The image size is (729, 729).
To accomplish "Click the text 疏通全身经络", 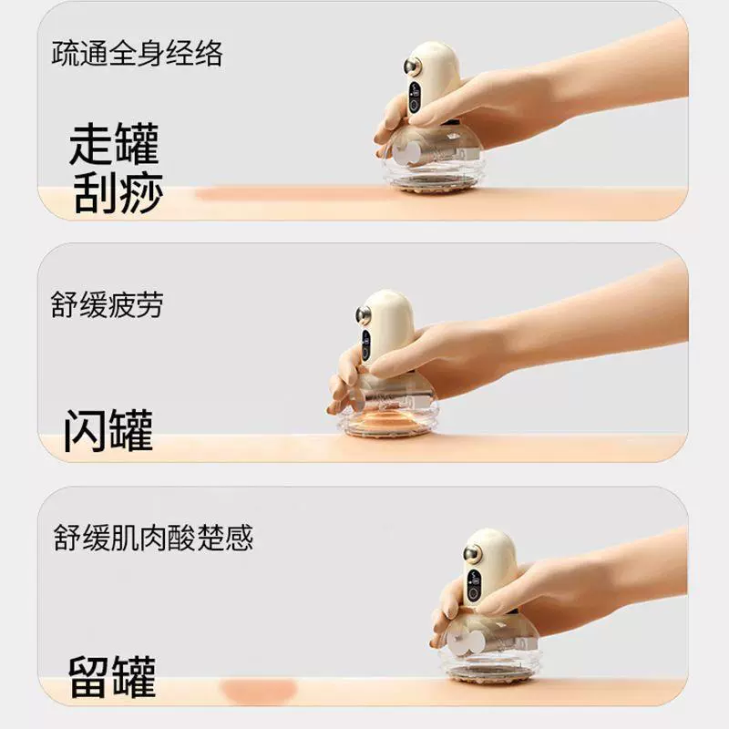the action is click(x=138, y=54).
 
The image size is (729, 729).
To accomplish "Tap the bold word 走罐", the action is click(x=115, y=144).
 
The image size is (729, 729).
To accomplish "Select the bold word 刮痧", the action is click(x=118, y=192).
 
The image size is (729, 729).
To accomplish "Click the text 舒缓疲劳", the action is click(x=107, y=305).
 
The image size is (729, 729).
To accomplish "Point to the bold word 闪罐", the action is click(x=108, y=430).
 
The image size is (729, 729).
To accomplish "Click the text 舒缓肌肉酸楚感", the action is click(x=153, y=538).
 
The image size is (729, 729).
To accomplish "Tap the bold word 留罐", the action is click(x=112, y=676).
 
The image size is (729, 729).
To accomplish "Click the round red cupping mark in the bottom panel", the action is click(x=259, y=690).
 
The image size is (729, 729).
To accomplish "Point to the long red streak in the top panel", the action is click(x=288, y=194).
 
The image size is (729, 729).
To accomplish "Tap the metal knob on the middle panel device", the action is click(x=363, y=314).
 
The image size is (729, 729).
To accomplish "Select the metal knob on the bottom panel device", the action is click(x=471, y=553).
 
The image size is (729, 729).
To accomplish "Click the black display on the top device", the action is click(x=415, y=98).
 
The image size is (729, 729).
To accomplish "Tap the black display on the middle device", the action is click(x=366, y=344).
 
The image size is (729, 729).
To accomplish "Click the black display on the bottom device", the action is click(x=474, y=585).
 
